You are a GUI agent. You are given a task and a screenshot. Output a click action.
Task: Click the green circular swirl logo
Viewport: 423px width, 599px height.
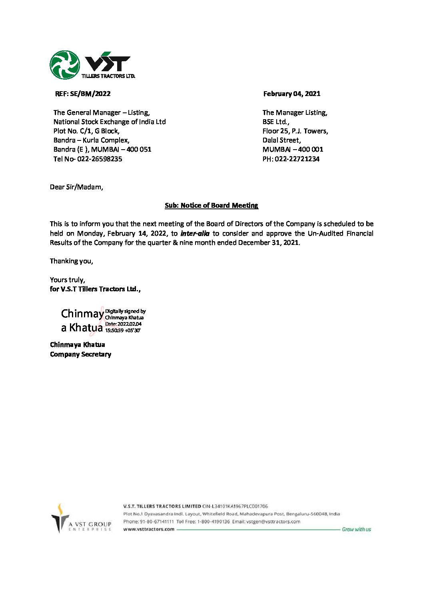[x=65, y=65]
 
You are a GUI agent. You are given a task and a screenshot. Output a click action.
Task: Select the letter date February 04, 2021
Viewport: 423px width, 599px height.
[x=291, y=94]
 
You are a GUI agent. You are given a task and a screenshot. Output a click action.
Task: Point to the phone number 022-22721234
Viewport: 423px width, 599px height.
[x=297, y=159]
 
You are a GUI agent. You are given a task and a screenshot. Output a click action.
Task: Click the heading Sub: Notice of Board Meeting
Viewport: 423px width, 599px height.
[x=211, y=205]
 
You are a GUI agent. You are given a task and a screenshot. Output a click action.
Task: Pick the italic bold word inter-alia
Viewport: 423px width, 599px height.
[x=195, y=233]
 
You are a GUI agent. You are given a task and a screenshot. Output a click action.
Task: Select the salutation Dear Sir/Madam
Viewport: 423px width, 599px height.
[x=76, y=187]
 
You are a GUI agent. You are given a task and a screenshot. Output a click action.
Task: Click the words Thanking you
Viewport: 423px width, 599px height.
[x=71, y=261]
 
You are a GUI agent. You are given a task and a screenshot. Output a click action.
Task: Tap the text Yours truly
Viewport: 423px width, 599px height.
[x=67, y=280]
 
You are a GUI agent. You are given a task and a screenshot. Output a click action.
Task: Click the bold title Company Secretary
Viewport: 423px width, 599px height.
[x=80, y=354]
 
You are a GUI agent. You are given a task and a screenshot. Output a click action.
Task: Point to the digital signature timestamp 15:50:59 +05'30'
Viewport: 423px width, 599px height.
[x=123, y=331]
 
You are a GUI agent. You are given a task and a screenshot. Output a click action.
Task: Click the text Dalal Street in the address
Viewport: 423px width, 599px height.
[x=281, y=140]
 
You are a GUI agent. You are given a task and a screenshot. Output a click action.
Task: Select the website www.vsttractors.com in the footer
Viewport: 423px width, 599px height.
[x=149, y=529]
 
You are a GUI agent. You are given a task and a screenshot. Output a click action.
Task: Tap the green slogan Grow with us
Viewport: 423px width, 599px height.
[x=356, y=529]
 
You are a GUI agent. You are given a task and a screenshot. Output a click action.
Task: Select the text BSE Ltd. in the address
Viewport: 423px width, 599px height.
[x=275, y=122]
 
